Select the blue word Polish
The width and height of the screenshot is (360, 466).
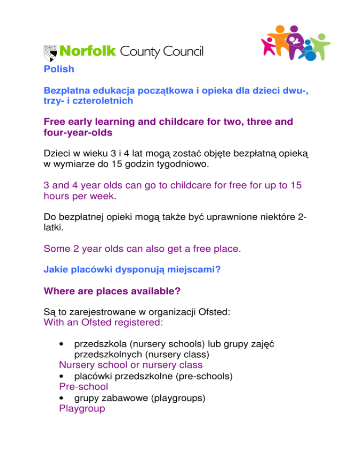(59, 69)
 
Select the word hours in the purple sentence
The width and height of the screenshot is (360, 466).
(59, 197)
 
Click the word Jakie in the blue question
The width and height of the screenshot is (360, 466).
(55, 270)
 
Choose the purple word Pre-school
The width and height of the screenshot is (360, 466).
(83, 387)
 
